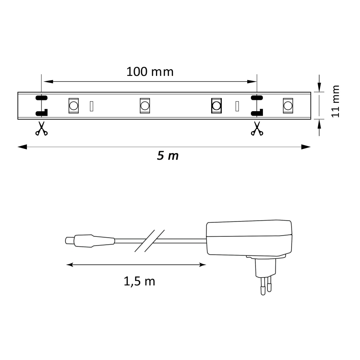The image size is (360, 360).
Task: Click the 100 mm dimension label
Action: coord(150,71)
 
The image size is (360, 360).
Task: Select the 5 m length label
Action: coord(168,156)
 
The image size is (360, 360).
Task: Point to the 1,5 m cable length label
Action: coord(139,282)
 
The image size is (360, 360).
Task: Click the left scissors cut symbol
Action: coord(41,129)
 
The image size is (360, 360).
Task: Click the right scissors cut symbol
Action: coord(257,129)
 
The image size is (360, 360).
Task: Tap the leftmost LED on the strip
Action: coord(73,106)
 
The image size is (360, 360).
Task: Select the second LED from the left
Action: coord(144,106)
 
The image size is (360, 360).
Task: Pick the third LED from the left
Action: coord(216,106)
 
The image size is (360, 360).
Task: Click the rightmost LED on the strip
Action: coord(287,106)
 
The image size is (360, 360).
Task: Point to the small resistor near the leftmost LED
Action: coord(92,106)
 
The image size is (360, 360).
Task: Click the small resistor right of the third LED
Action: coord(237,106)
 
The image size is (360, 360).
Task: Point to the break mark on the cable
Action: coord(149,241)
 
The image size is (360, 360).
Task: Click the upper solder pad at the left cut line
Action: coord(41,98)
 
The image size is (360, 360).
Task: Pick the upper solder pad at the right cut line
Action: coord(256,98)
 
